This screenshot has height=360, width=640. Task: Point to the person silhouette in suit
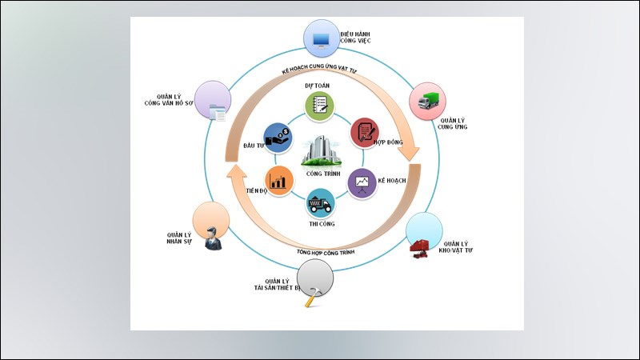pyautogui.click(x=212, y=238)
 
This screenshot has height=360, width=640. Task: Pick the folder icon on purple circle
pyautogui.click(x=217, y=113)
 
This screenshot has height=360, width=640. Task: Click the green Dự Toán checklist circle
pyautogui.click(x=319, y=104)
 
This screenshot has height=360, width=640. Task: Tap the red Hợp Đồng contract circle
pyautogui.click(x=366, y=132)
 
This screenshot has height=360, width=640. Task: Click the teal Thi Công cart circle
pyautogui.click(x=320, y=204)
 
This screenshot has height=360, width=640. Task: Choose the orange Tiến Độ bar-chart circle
pyautogui.click(x=278, y=179)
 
